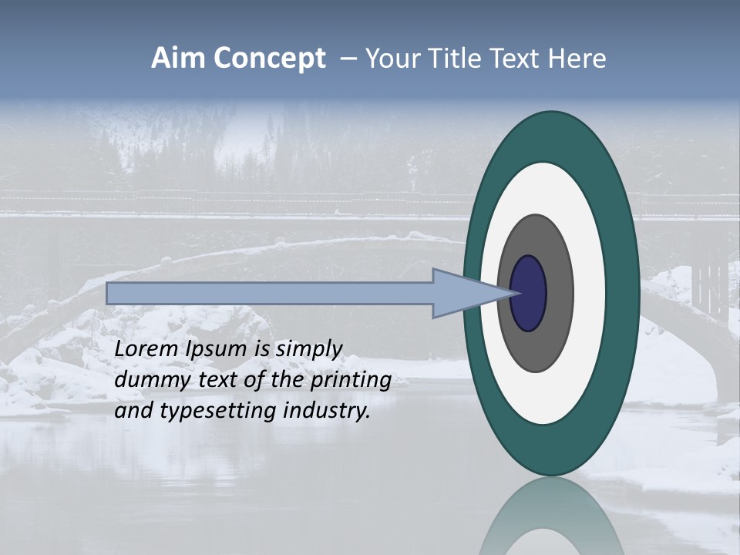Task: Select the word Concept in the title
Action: pos(271,58)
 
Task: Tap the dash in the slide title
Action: pos(348,59)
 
